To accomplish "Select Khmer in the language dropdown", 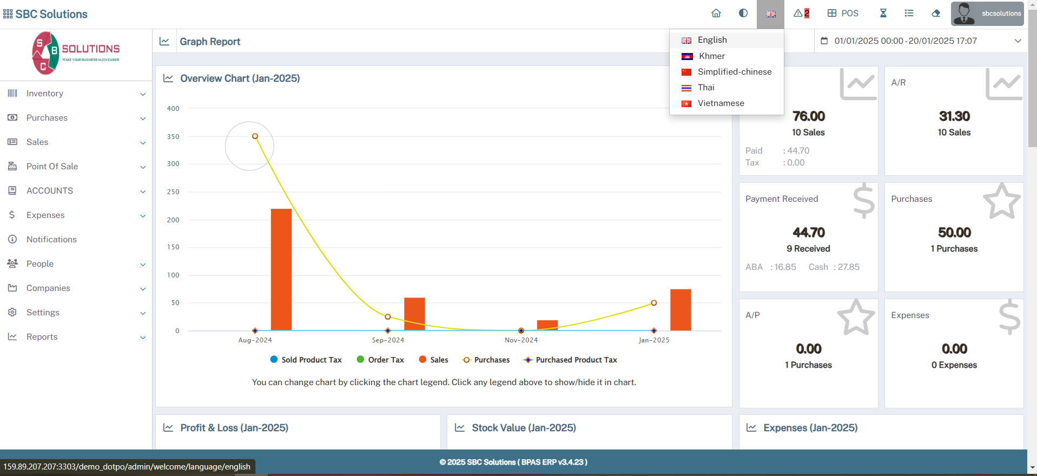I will point(711,56).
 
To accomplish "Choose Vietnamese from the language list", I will point(721,103).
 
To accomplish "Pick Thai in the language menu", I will point(705,88).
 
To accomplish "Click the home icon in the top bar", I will point(716,14).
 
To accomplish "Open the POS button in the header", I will point(843,14).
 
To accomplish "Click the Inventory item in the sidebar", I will point(45,94).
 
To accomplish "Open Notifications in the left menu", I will point(51,240).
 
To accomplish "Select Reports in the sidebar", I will point(42,337).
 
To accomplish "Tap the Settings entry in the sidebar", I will point(43,313).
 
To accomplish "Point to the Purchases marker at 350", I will point(255,136).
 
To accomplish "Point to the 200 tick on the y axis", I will point(173,220).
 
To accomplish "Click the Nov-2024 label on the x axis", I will point(521,340).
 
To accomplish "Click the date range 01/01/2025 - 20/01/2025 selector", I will point(920,41).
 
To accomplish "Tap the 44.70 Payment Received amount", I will point(809,233).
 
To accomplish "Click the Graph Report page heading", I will point(210,42).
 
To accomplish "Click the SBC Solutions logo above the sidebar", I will point(76,53).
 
